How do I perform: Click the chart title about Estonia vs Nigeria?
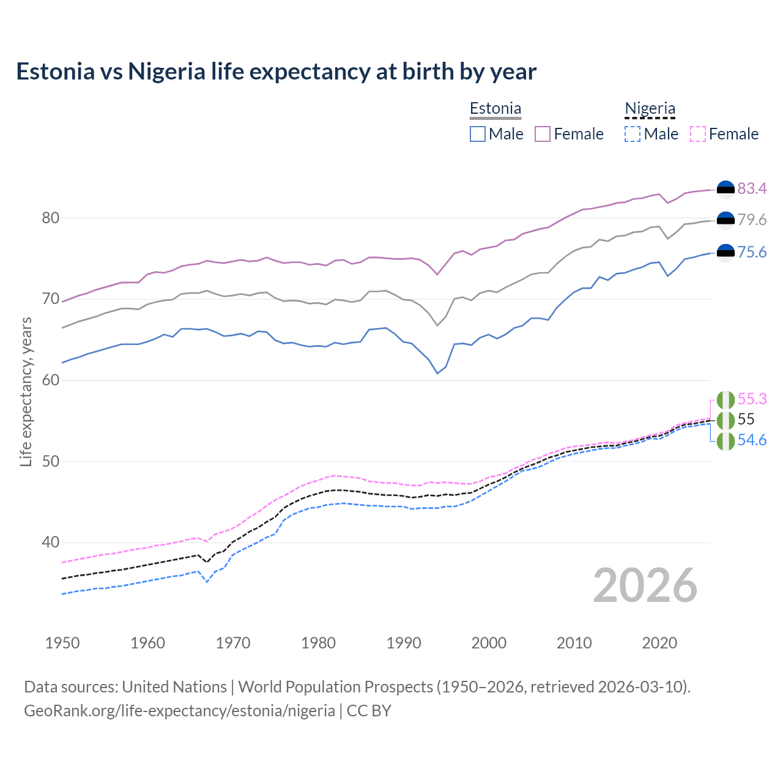point(276,72)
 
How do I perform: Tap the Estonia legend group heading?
point(495,109)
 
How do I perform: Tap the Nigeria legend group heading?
point(650,109)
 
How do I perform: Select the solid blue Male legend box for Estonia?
point(478,134)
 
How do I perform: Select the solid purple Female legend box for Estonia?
point(543,134)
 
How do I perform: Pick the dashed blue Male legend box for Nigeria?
point(633,134)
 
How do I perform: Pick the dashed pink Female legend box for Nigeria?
point(698,134)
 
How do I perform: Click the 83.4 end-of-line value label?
point(752,189)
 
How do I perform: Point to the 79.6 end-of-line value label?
point(752,220)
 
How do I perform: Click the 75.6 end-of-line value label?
point(752,253)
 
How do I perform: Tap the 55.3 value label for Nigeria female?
point(752,399)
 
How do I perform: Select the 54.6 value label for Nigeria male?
point(752,440)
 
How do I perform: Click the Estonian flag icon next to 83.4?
point(725,190)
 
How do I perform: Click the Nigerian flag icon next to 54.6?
point(725,441)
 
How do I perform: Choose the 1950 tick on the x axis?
point(62,643)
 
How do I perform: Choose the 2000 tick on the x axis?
point(489,643)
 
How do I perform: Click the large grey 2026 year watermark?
point(645,585)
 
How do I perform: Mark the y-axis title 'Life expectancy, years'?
point(26,391)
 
